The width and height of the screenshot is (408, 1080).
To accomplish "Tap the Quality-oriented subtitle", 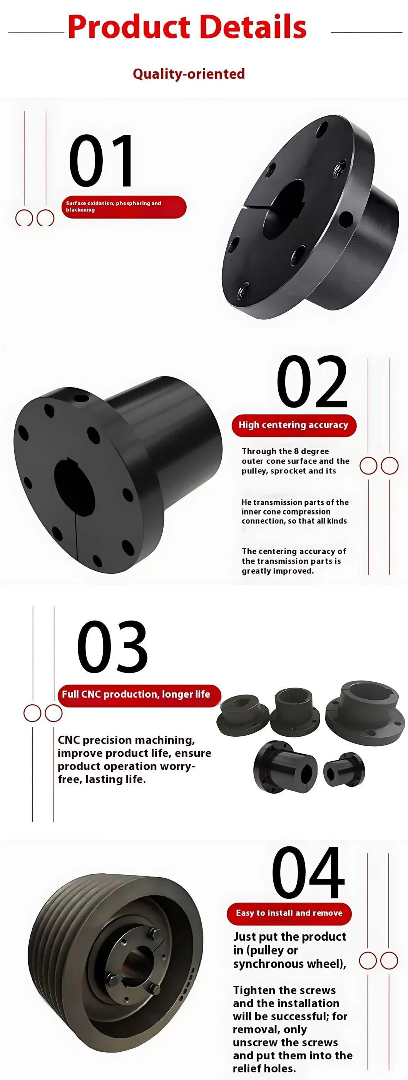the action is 189,74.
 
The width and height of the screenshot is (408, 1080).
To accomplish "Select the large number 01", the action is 101,160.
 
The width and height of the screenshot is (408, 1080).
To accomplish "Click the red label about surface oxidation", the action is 124,207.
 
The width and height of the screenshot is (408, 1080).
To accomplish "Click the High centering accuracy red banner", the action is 294,425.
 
